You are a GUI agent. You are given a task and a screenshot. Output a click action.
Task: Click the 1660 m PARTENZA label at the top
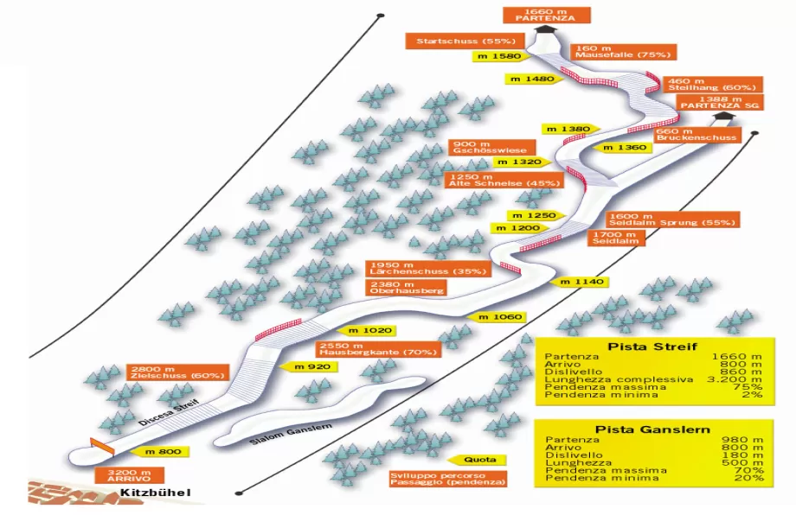[x=534, y=15]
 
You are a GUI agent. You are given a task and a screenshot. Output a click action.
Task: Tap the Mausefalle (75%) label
[x=621, y=52]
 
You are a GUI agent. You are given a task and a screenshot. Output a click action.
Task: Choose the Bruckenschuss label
[x=696, y=134]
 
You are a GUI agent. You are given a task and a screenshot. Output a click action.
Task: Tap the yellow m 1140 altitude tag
[x=580, y=282]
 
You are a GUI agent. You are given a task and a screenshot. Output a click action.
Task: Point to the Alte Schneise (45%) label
[x=504, y=179]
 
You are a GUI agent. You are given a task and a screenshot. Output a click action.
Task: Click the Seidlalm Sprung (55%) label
[x=673, y=219]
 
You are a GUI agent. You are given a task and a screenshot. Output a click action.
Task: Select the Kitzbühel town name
[x=156, y=493]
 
